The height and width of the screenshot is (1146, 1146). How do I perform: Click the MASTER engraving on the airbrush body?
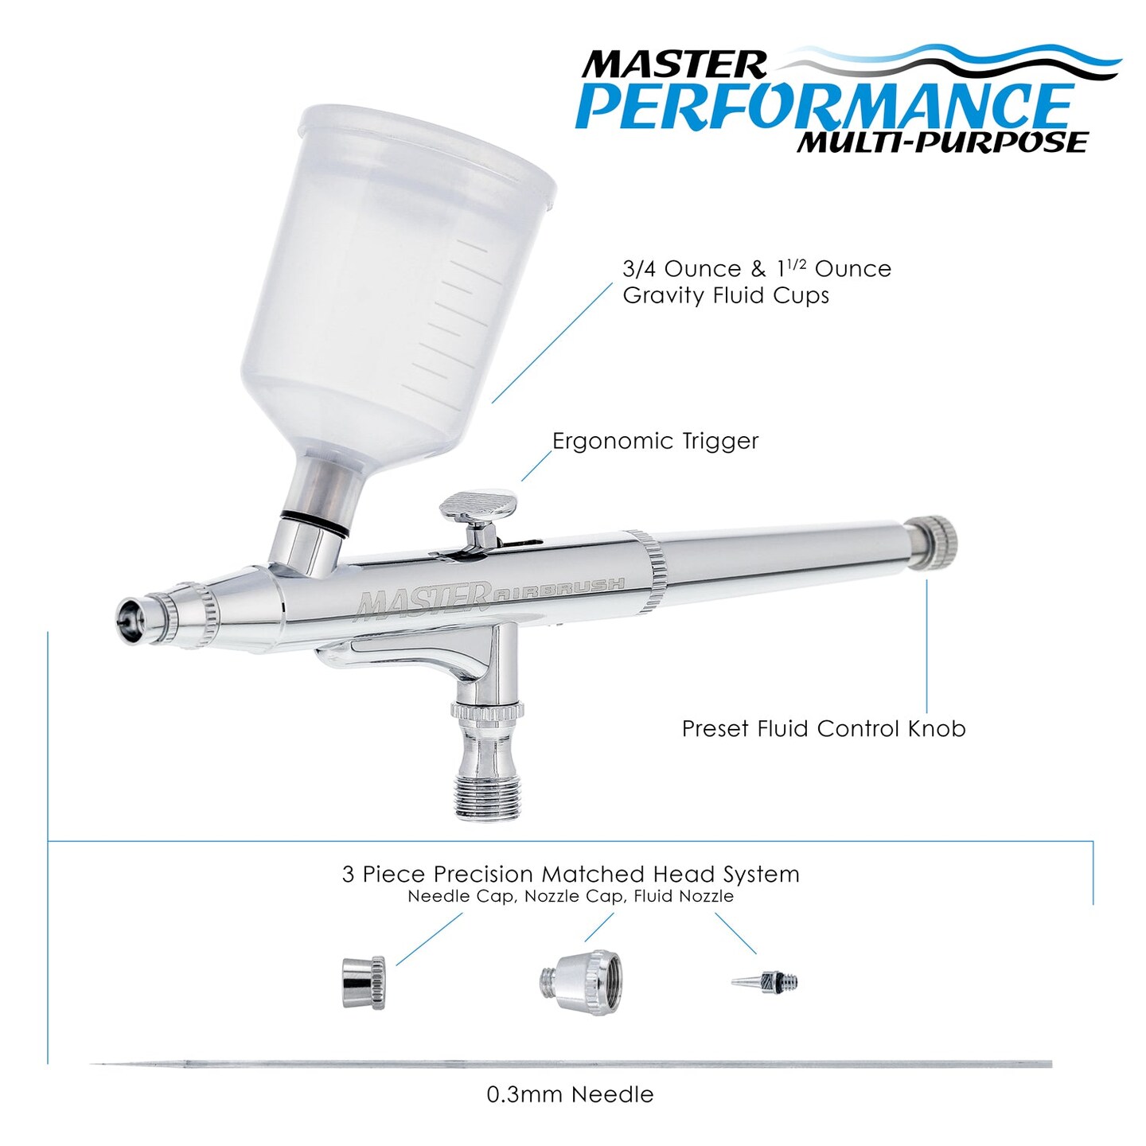[x=422, y=599]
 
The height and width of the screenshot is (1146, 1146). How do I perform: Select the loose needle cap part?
[x=363, y=983]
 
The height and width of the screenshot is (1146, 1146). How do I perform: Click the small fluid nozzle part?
[x=765, y=981]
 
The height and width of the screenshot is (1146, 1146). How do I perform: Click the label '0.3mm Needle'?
[x=570, y=1094]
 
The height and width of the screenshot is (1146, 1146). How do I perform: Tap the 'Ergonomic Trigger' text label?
[x=655, y=441]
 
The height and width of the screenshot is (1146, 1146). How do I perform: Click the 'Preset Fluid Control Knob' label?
[x=824, y=728]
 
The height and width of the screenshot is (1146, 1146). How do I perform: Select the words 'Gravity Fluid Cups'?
[x=725, y=295]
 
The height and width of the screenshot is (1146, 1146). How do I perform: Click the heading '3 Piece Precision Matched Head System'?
[x=570, y=874]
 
